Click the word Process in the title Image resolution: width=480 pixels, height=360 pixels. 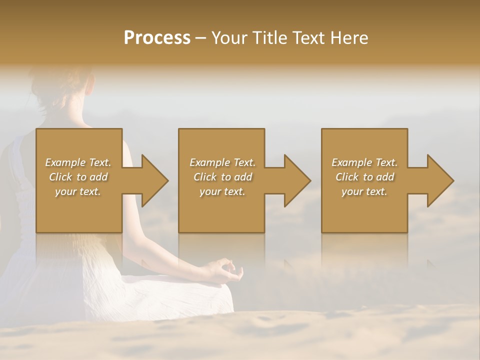[157, 38]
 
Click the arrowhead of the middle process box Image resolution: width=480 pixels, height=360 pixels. [294, 180]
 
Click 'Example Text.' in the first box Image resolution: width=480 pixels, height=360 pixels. [78, 162]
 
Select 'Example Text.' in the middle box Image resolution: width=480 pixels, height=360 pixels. [222, 162]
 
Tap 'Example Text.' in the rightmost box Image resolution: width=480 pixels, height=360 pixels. [364, 162]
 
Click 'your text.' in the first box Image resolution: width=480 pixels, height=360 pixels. [78, 191]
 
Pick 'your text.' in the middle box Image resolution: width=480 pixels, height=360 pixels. [222, 191]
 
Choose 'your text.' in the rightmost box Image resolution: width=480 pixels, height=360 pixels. [364, 191]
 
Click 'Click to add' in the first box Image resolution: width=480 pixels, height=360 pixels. [78, 177]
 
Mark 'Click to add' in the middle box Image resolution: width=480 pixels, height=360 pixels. [222, 177]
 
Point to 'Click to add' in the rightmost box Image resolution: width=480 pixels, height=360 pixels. [364, 177]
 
